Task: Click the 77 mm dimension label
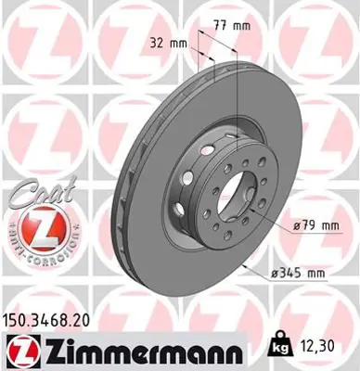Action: (228, 27)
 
